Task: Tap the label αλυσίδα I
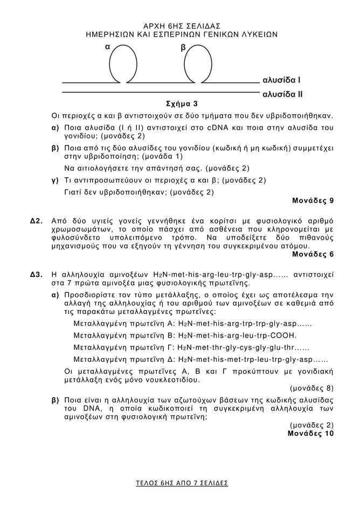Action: (x=281, y=81)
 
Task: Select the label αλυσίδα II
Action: (x=282, y=94)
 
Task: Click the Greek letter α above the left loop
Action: (x=108, y=47)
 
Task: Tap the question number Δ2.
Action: (x=36, y=220)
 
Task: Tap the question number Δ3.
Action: (x=36, y=274)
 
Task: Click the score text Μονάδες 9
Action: (x=313, y=201)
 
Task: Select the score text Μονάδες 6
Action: (x=313, y=254)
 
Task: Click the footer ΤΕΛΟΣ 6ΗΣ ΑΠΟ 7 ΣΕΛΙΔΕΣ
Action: (x=182, y=483)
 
